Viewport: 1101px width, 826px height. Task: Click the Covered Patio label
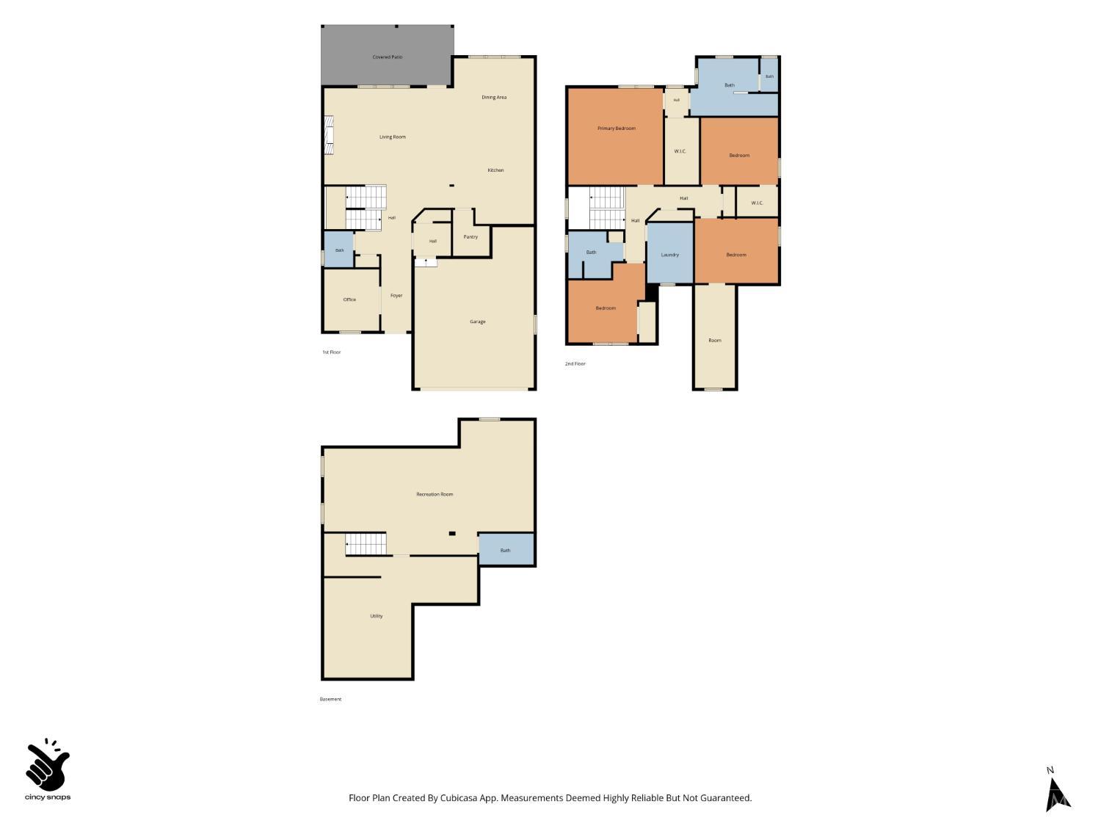pyautogui.click(x=388, y=57)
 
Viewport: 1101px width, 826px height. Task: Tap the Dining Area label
pyautogui.click(x=494, y=98)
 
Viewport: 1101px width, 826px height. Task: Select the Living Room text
pyautogui.click(x=392, y=137)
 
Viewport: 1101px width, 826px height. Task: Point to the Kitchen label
pyautogui.click(x=495, y=170)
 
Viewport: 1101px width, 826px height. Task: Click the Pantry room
pyautogui.click(x=471, y=236)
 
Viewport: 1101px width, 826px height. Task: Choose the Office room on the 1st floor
pyautogui.click(x=351, y=300)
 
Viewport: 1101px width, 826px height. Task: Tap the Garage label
pyautogui.click(x=478, y=322)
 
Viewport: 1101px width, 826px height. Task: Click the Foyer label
pyautogui.click(x=396, y=296)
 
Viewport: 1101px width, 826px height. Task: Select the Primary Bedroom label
pyautogui.click(x=617, y=128)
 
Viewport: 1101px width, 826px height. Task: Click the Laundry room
pyautogui.click(x=669, y=253)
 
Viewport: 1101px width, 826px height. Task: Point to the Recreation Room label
pyautogui.click(x=435, y=494)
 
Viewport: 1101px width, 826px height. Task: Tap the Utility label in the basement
pyautogui.click(x=377, y=616)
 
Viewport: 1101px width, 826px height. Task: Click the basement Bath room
pyautogui.click(x=506, y=550)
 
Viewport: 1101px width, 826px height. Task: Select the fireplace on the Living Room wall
pyautogui.click(x=329, y=135)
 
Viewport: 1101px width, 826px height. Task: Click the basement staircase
pyautogui.click(x=366, y=544)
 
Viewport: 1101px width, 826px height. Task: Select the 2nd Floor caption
pyautogui.click(x=575, y=364)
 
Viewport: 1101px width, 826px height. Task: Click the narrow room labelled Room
pyautogui.click(x=715, y=336)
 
